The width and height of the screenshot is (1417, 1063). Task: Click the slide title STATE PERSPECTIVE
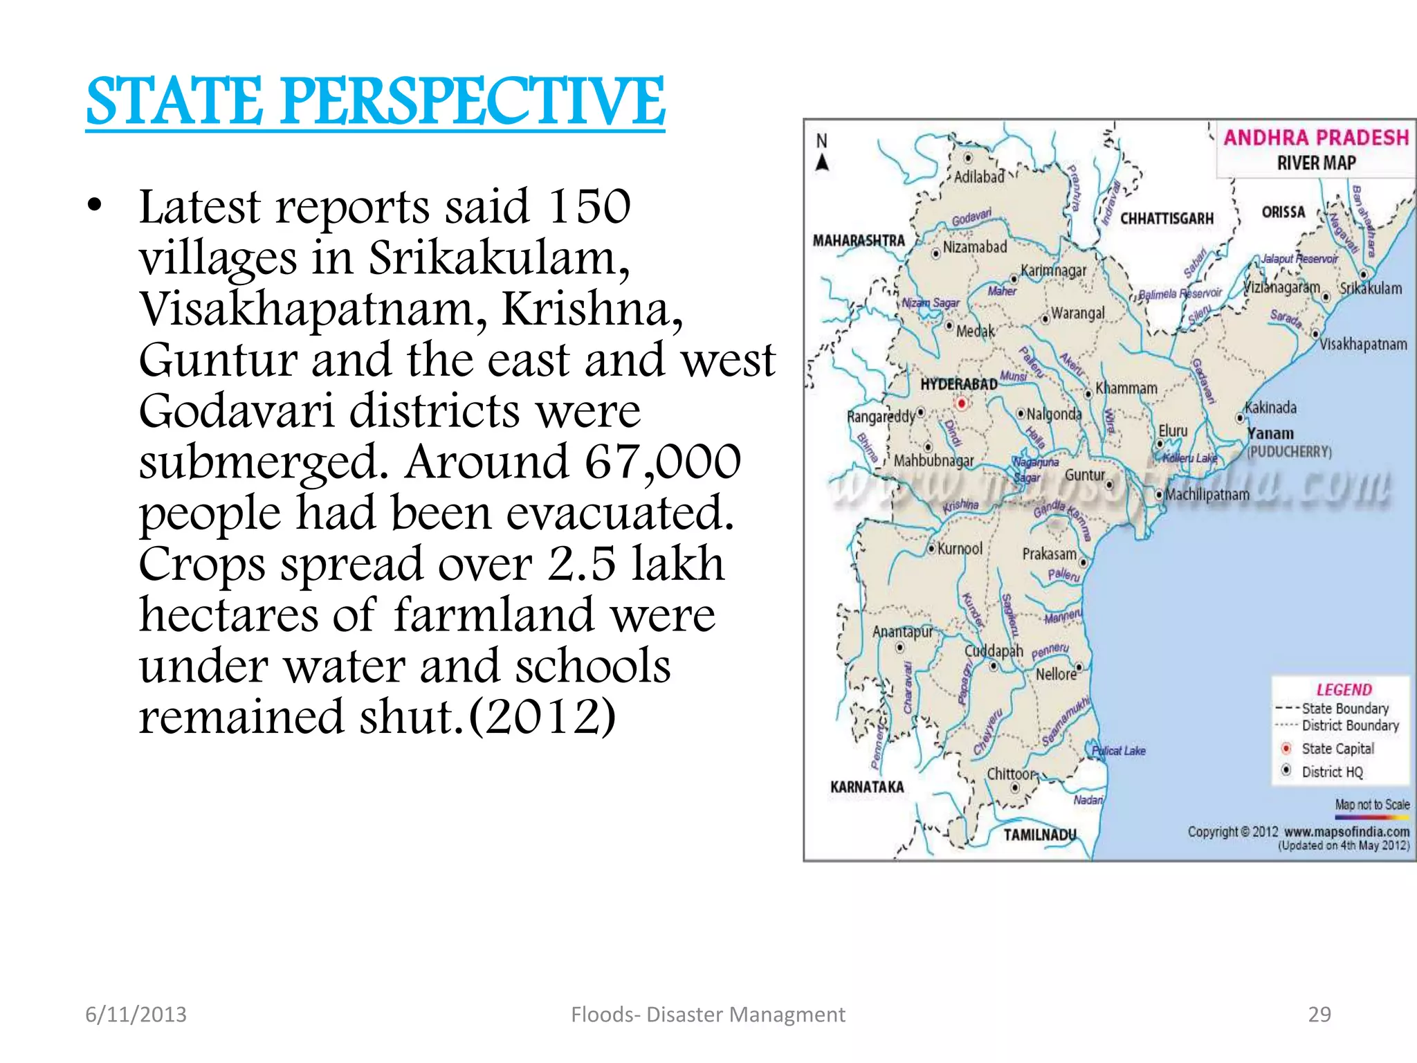[375, 102]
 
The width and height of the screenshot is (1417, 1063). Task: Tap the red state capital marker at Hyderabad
[961, 403]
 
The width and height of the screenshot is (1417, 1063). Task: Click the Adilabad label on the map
[978, 177]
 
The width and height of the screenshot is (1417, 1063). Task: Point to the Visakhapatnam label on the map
[1362, 344]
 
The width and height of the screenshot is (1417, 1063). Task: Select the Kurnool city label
[960, 549]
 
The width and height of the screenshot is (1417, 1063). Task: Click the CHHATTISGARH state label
[1167, 219]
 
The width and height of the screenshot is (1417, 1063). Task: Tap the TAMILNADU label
[1040, 835]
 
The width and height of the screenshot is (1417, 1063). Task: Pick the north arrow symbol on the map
[822, 162]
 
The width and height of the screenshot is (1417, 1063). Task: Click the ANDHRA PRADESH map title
[1316, 138]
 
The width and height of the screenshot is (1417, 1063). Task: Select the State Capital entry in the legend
[1337, 749]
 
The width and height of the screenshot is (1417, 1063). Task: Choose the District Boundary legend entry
[1349, 725]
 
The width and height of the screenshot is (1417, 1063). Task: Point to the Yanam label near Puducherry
[1270, 434]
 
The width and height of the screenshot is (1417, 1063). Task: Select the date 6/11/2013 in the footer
[136, 1015]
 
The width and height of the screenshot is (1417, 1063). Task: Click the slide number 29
[1319, 1015]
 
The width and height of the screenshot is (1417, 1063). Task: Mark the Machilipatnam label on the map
[1207, 495]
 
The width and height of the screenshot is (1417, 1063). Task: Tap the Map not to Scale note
[1372, 805]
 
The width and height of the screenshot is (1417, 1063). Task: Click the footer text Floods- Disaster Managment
[708, 1015]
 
